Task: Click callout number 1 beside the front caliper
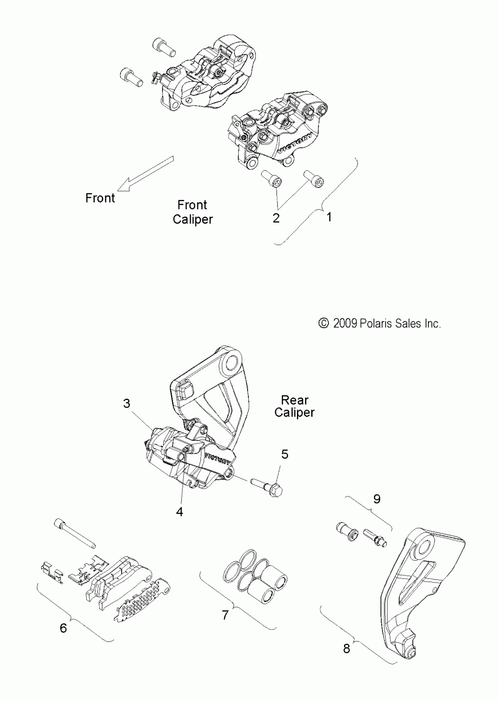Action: click(x=329, y=217)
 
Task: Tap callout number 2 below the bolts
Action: click(x=276, y=218)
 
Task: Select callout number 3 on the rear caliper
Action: click(x=127, y=404)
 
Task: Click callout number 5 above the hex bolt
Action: click(x=285, y=454)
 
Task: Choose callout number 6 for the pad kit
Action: click(x=63, y=628)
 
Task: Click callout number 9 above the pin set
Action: click(x=377, y=499)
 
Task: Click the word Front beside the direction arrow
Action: click(x=100, y=198)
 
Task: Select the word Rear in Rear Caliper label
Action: click(x=294, y=400)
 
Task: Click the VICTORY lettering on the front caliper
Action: click(x=295, y=143)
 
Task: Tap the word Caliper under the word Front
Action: click(x=193, y=219)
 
